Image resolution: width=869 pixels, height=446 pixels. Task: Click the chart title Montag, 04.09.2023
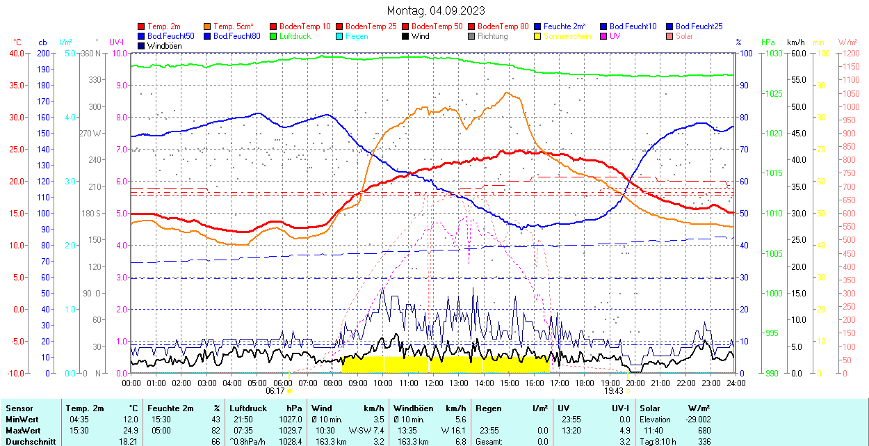click(436, 10)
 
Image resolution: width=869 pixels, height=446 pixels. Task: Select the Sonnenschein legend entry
click(567, 36)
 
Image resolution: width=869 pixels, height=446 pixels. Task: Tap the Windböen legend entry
click(165, 46)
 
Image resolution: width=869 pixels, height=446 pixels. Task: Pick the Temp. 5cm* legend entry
click(233, 26)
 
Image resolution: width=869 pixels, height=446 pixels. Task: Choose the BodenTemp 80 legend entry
click(503, 26)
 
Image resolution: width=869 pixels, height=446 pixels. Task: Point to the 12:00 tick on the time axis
click(433, 383)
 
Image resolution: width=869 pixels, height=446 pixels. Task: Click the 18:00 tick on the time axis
click(585, 383)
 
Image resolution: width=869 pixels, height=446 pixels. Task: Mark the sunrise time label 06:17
click(275, 391)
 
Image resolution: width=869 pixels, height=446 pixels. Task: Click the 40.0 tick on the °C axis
click(15, 53)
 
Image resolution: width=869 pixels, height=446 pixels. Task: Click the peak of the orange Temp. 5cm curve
click(507, 93)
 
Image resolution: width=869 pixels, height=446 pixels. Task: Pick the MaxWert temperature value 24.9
click(129, 431)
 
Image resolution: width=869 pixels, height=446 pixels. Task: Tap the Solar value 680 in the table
click(704, 431)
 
